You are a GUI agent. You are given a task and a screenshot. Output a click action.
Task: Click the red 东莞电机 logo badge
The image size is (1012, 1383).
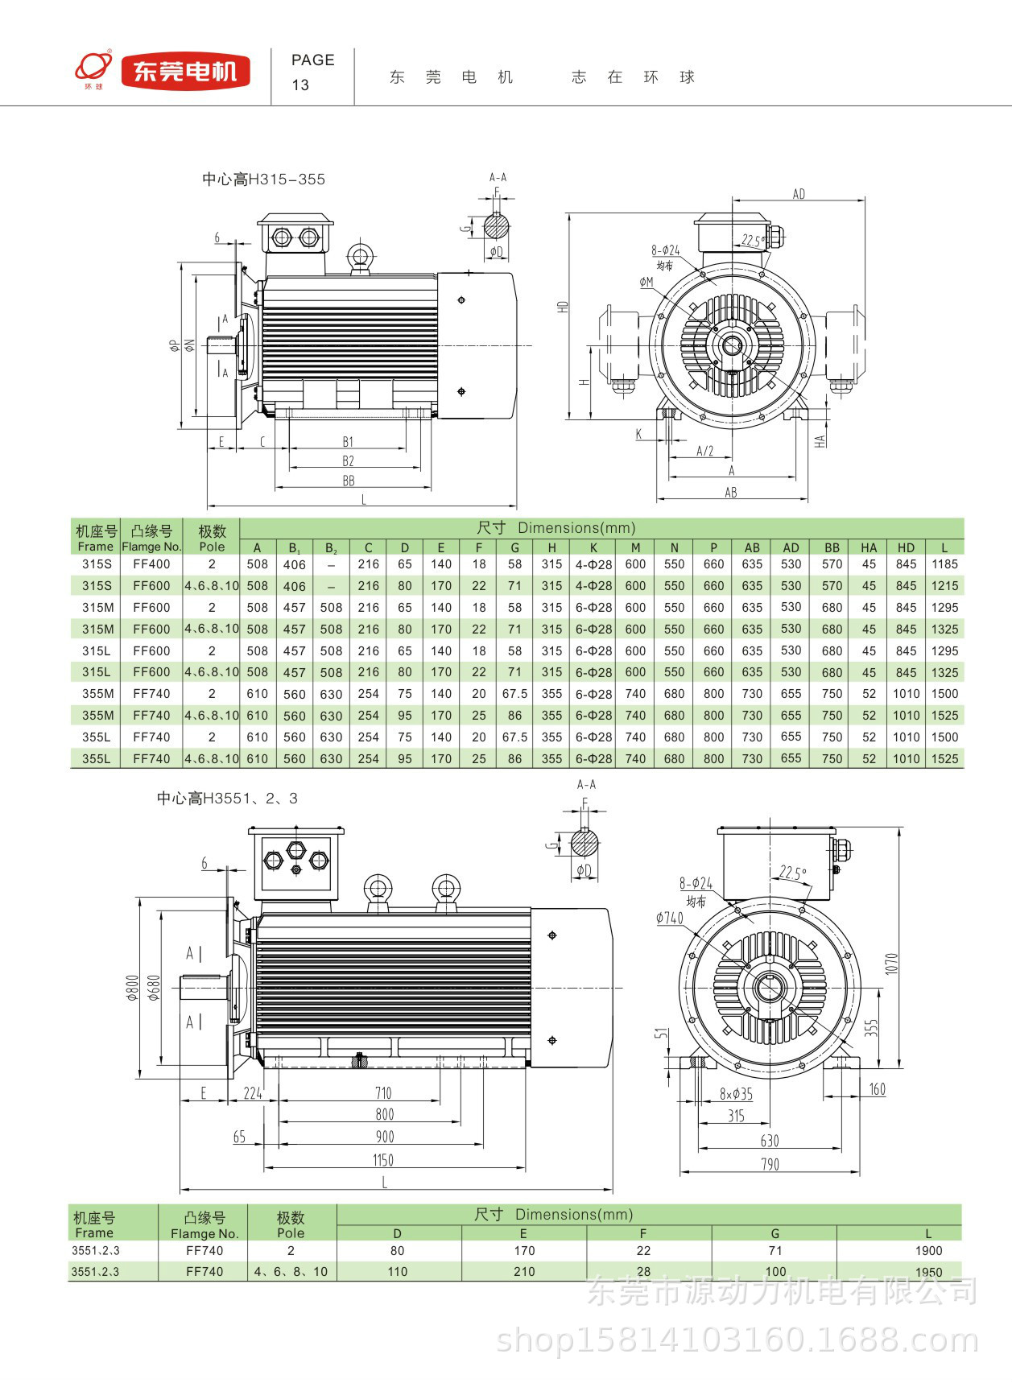tap(185, 72)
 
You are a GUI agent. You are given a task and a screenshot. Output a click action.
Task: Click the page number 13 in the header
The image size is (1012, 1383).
tap(300, 85)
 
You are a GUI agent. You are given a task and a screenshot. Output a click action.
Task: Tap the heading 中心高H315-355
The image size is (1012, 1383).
tap(263, 180)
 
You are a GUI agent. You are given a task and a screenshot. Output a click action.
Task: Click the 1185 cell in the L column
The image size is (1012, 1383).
tap(944, 564)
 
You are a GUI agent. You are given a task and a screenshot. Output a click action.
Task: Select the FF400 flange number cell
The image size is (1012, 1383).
tap(151, 564)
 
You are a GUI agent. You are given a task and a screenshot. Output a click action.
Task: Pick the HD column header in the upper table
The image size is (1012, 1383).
tap(906, 547)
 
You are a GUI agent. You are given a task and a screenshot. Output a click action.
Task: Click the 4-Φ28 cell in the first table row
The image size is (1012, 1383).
tap(593, 564)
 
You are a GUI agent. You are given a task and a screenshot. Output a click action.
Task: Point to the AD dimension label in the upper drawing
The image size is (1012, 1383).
tap(798, 194)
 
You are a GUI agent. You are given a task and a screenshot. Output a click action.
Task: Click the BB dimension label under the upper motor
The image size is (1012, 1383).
tap(349, 481)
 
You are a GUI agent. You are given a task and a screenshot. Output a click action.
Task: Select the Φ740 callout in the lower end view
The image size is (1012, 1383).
tap(670, 918)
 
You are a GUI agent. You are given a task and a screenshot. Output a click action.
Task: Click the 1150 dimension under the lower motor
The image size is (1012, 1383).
tap(383, 1160)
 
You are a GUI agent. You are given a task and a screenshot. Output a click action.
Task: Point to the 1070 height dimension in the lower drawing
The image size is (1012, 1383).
tap(891, 963)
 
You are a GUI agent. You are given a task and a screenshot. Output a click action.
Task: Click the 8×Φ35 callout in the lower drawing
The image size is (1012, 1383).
tap(736, 1094)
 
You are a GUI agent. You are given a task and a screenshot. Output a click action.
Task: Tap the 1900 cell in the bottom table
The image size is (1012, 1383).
tap(928, 1251)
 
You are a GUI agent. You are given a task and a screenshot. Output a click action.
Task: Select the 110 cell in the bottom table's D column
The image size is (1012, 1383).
tap(398, 1272)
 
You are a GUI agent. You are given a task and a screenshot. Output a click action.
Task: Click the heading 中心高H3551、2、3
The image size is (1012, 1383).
tap(227, 799)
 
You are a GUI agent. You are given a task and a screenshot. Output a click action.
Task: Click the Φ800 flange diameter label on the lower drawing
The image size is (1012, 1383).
tap(133, 988)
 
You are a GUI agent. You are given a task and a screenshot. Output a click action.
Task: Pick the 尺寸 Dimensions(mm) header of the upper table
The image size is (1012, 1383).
tap(556, 528)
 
